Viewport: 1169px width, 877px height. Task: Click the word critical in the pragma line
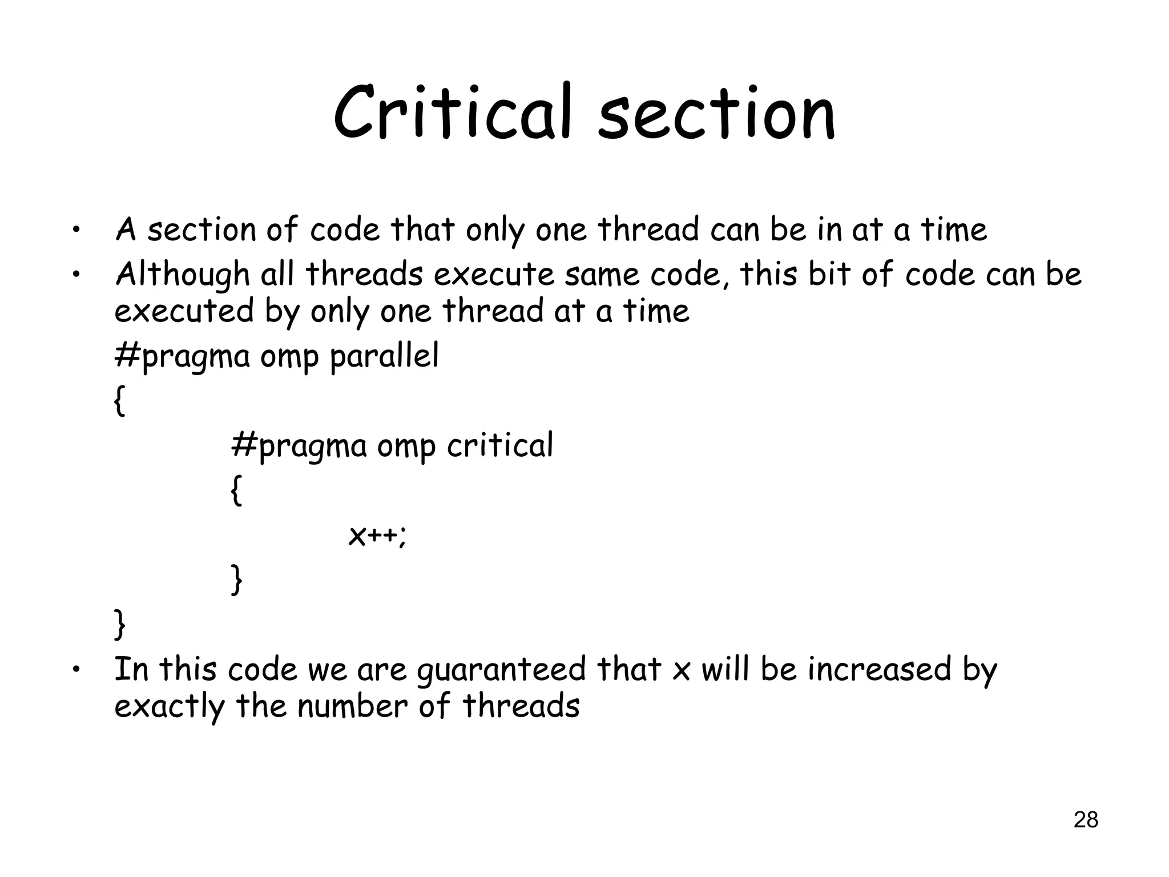click(499, 445)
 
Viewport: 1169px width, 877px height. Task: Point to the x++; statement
click(377, 536)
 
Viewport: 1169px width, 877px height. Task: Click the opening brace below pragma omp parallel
click(119, 401)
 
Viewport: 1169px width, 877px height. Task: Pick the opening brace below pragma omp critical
click(236, 490)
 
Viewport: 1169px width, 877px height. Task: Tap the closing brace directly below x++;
click(236, 580)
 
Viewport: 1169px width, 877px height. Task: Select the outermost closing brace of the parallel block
click(119, 624)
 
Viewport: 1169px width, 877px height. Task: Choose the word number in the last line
click(352, 706)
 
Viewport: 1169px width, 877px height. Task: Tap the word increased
click(879, 669)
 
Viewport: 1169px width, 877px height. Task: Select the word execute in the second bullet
click(494, 275)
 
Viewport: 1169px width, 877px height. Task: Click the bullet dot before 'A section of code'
click(75, 232)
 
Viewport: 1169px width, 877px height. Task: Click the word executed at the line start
click(184, 312)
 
